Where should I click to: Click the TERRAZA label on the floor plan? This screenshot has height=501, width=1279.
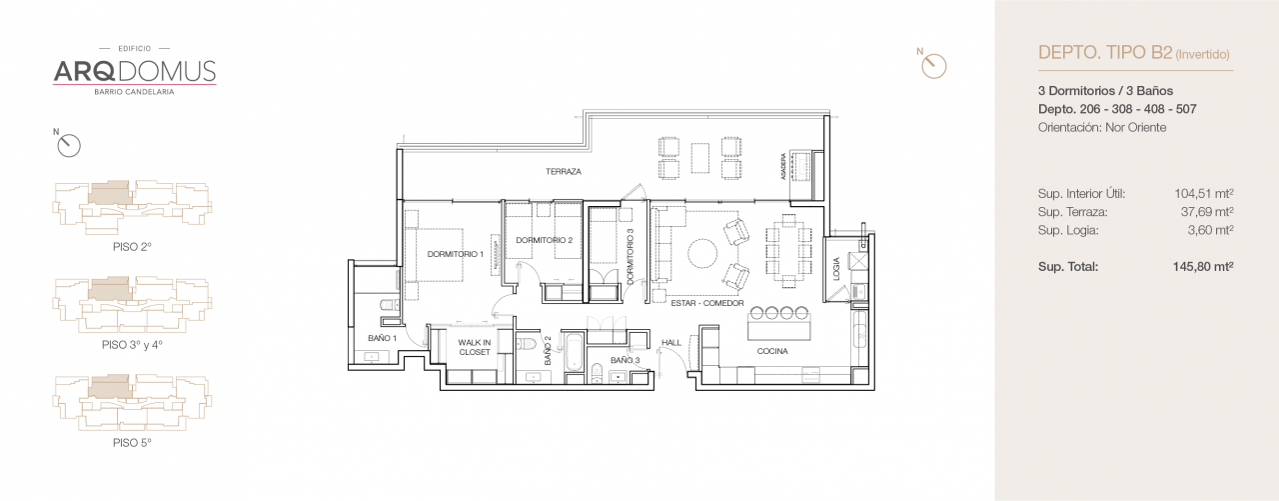click(564, 172)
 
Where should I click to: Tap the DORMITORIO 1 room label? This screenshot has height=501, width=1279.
click(455, 254)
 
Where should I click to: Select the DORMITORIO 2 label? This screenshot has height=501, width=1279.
click(544, 240)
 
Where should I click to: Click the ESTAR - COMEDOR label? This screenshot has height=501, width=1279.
click(707, 301)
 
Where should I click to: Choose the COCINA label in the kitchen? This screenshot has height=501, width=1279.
click(771, 351)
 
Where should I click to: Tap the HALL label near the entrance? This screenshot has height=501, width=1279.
click(670, 343)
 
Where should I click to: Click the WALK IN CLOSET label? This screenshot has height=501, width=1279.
click(474, 347)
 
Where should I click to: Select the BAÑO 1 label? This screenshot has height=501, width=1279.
click(382, 338)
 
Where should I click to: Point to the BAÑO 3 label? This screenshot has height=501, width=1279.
click(625, 360)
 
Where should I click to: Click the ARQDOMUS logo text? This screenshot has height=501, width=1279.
click(134, 71)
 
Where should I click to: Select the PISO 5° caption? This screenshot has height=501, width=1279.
click(132, 441)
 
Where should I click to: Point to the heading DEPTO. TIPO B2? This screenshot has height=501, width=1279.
click(1105, 53)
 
